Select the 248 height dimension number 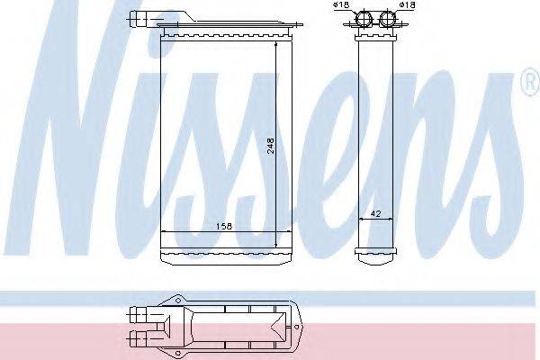click(270, 146)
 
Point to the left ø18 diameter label click(342, 7)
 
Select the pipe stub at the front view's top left click(140, 15)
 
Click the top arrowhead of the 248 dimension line click(274, 46)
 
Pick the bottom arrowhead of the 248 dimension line click(274, 245)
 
